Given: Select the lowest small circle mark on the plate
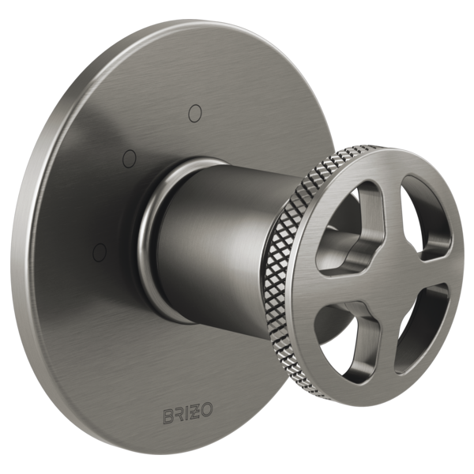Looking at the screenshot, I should [x=99, y=252].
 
